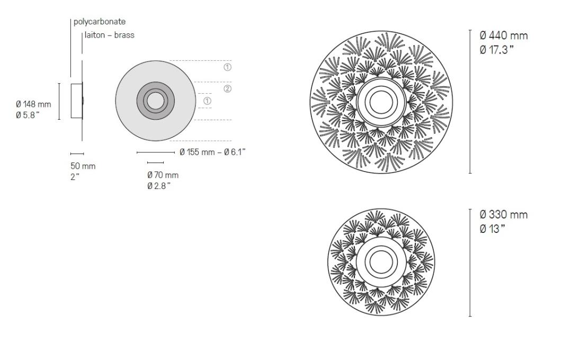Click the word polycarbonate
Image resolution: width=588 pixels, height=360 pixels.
point(100,22)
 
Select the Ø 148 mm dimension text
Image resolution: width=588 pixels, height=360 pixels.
point(33,104)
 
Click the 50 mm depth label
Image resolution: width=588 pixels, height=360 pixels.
point(83,166)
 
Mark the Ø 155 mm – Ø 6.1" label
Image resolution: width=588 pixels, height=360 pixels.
point(212,152)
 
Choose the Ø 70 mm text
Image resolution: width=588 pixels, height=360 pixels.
point(163,175)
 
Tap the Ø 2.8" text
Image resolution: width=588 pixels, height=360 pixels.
point(159,186)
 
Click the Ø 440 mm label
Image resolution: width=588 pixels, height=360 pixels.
point(503,36)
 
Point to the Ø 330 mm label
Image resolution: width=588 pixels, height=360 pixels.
point(503,215)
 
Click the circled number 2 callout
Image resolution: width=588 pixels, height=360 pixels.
point(227,88)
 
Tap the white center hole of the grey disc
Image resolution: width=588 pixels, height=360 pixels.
point(156,101)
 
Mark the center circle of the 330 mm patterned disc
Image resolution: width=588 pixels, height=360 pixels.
point(380,260)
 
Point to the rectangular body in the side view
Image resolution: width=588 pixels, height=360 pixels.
point(77,101)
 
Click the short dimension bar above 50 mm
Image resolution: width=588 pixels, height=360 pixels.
point(77,154)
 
